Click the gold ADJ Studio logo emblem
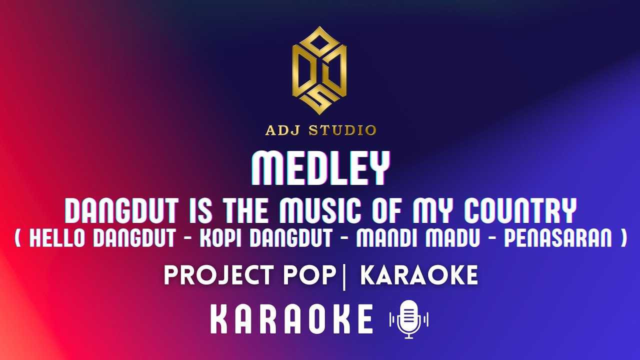[x=320, y=70]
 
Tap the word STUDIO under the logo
[x=342, y=131]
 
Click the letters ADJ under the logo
[x=283, y=131]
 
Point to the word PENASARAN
[x=557, y=238]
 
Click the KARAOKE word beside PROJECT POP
[x=419, y=276]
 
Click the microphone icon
[x=409, y=319]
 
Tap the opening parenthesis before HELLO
[x=18, y=238]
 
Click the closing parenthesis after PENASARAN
[x=622, y=238]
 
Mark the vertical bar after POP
[x=344, y=276]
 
